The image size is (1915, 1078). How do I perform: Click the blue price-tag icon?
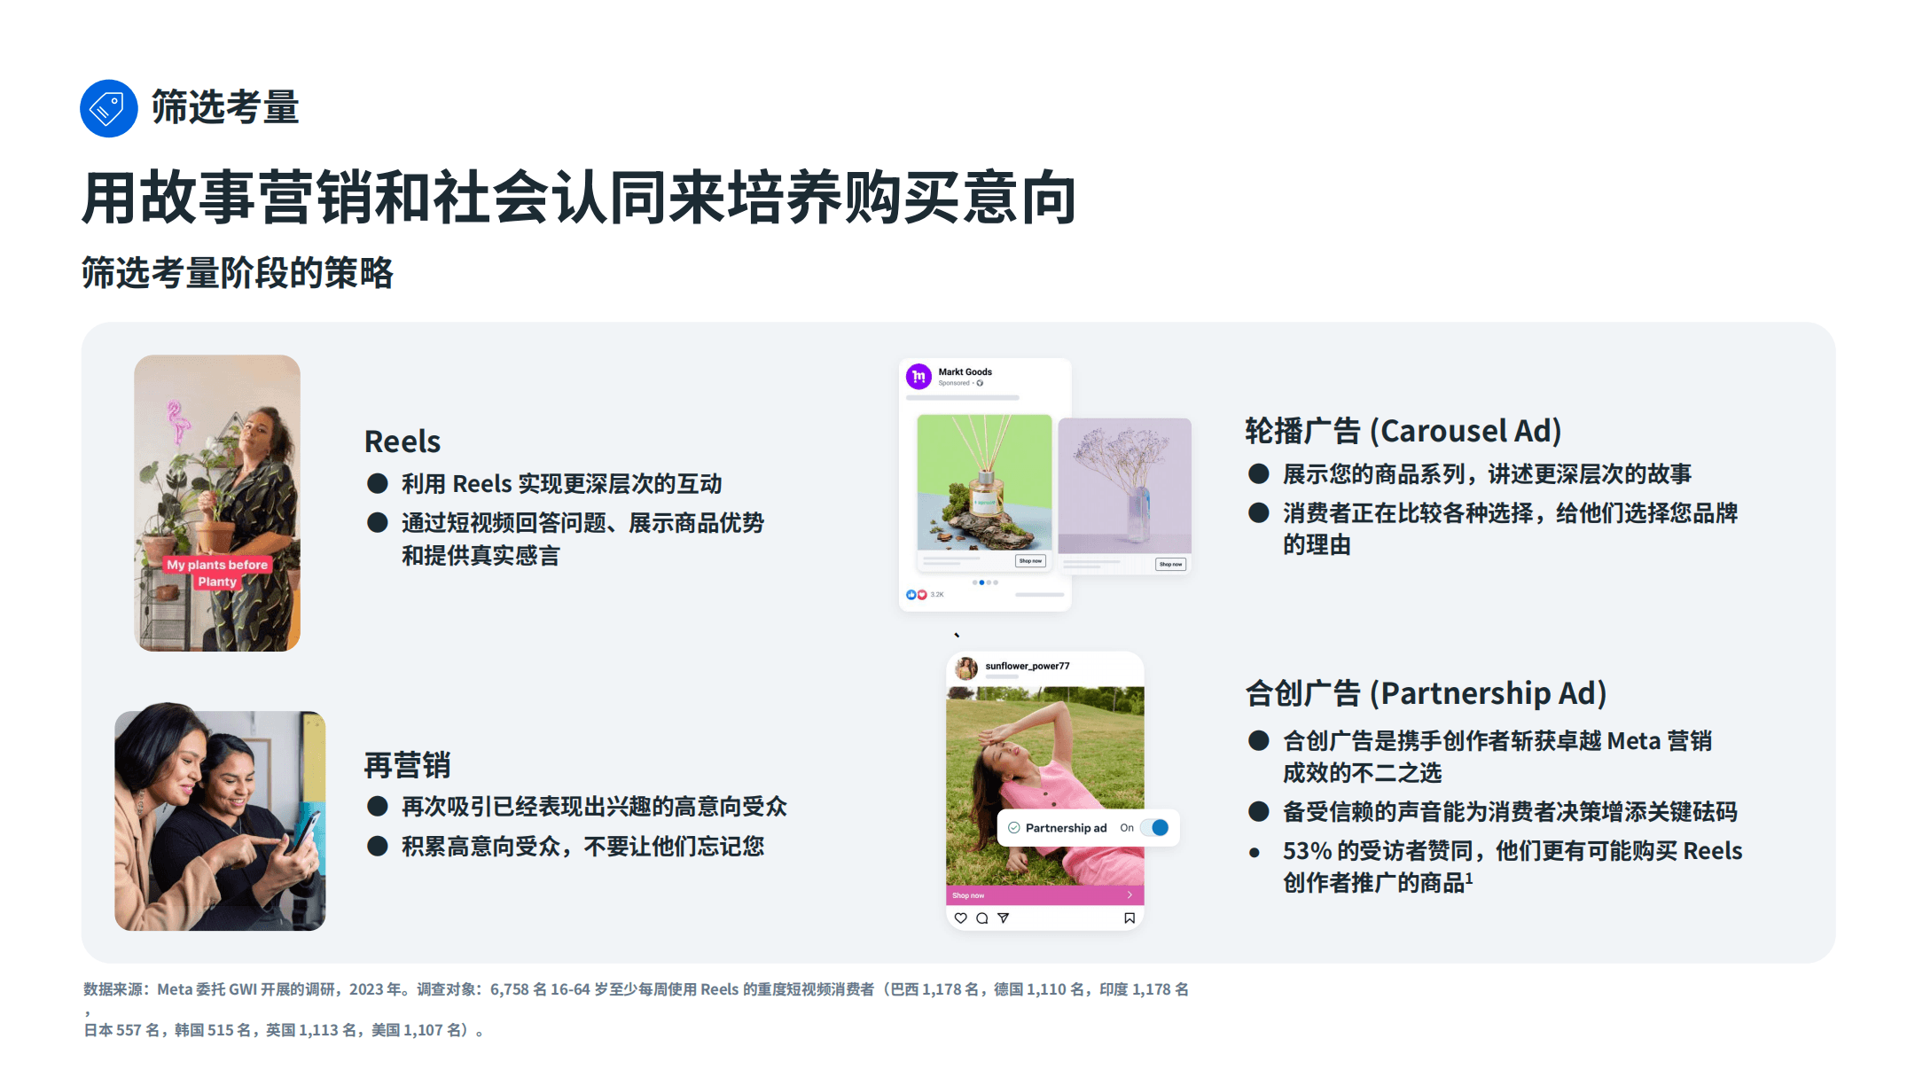[x=108, y=109]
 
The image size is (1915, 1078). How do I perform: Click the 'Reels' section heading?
[x=402, y=441]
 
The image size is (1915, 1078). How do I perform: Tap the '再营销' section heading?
[x=407, y=765]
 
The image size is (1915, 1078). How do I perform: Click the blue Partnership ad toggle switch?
[x=1154, y=828]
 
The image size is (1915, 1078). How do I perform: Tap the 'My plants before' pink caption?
[x=217, y=565]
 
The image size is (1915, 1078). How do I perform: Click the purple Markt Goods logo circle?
[x=918, y=377]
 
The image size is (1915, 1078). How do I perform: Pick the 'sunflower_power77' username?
[x=1027, y=666]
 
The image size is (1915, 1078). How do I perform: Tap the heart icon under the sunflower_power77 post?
[x=960, y=918]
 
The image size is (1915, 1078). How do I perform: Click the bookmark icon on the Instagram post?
[x=1129, y=918]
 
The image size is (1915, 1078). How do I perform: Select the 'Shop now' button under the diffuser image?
[x=1030, y=561]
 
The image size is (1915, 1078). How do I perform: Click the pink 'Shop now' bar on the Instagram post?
[x=1044, y=895]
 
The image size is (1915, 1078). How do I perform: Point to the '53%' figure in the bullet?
[x=1307, y=851]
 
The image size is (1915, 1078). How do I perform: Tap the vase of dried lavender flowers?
[x=1126, y=483]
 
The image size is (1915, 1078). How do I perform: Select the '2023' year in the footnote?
[x=367, y=989]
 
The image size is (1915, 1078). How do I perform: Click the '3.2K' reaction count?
[x=937, y=595]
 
